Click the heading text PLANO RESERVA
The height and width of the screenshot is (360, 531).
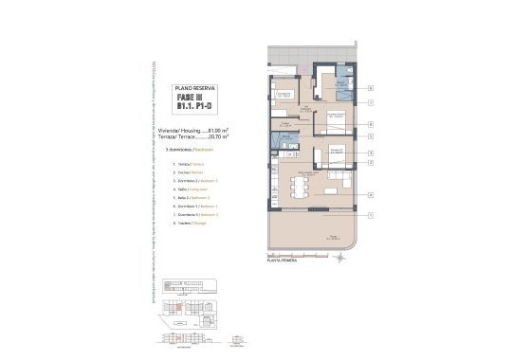tap(198, 87)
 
